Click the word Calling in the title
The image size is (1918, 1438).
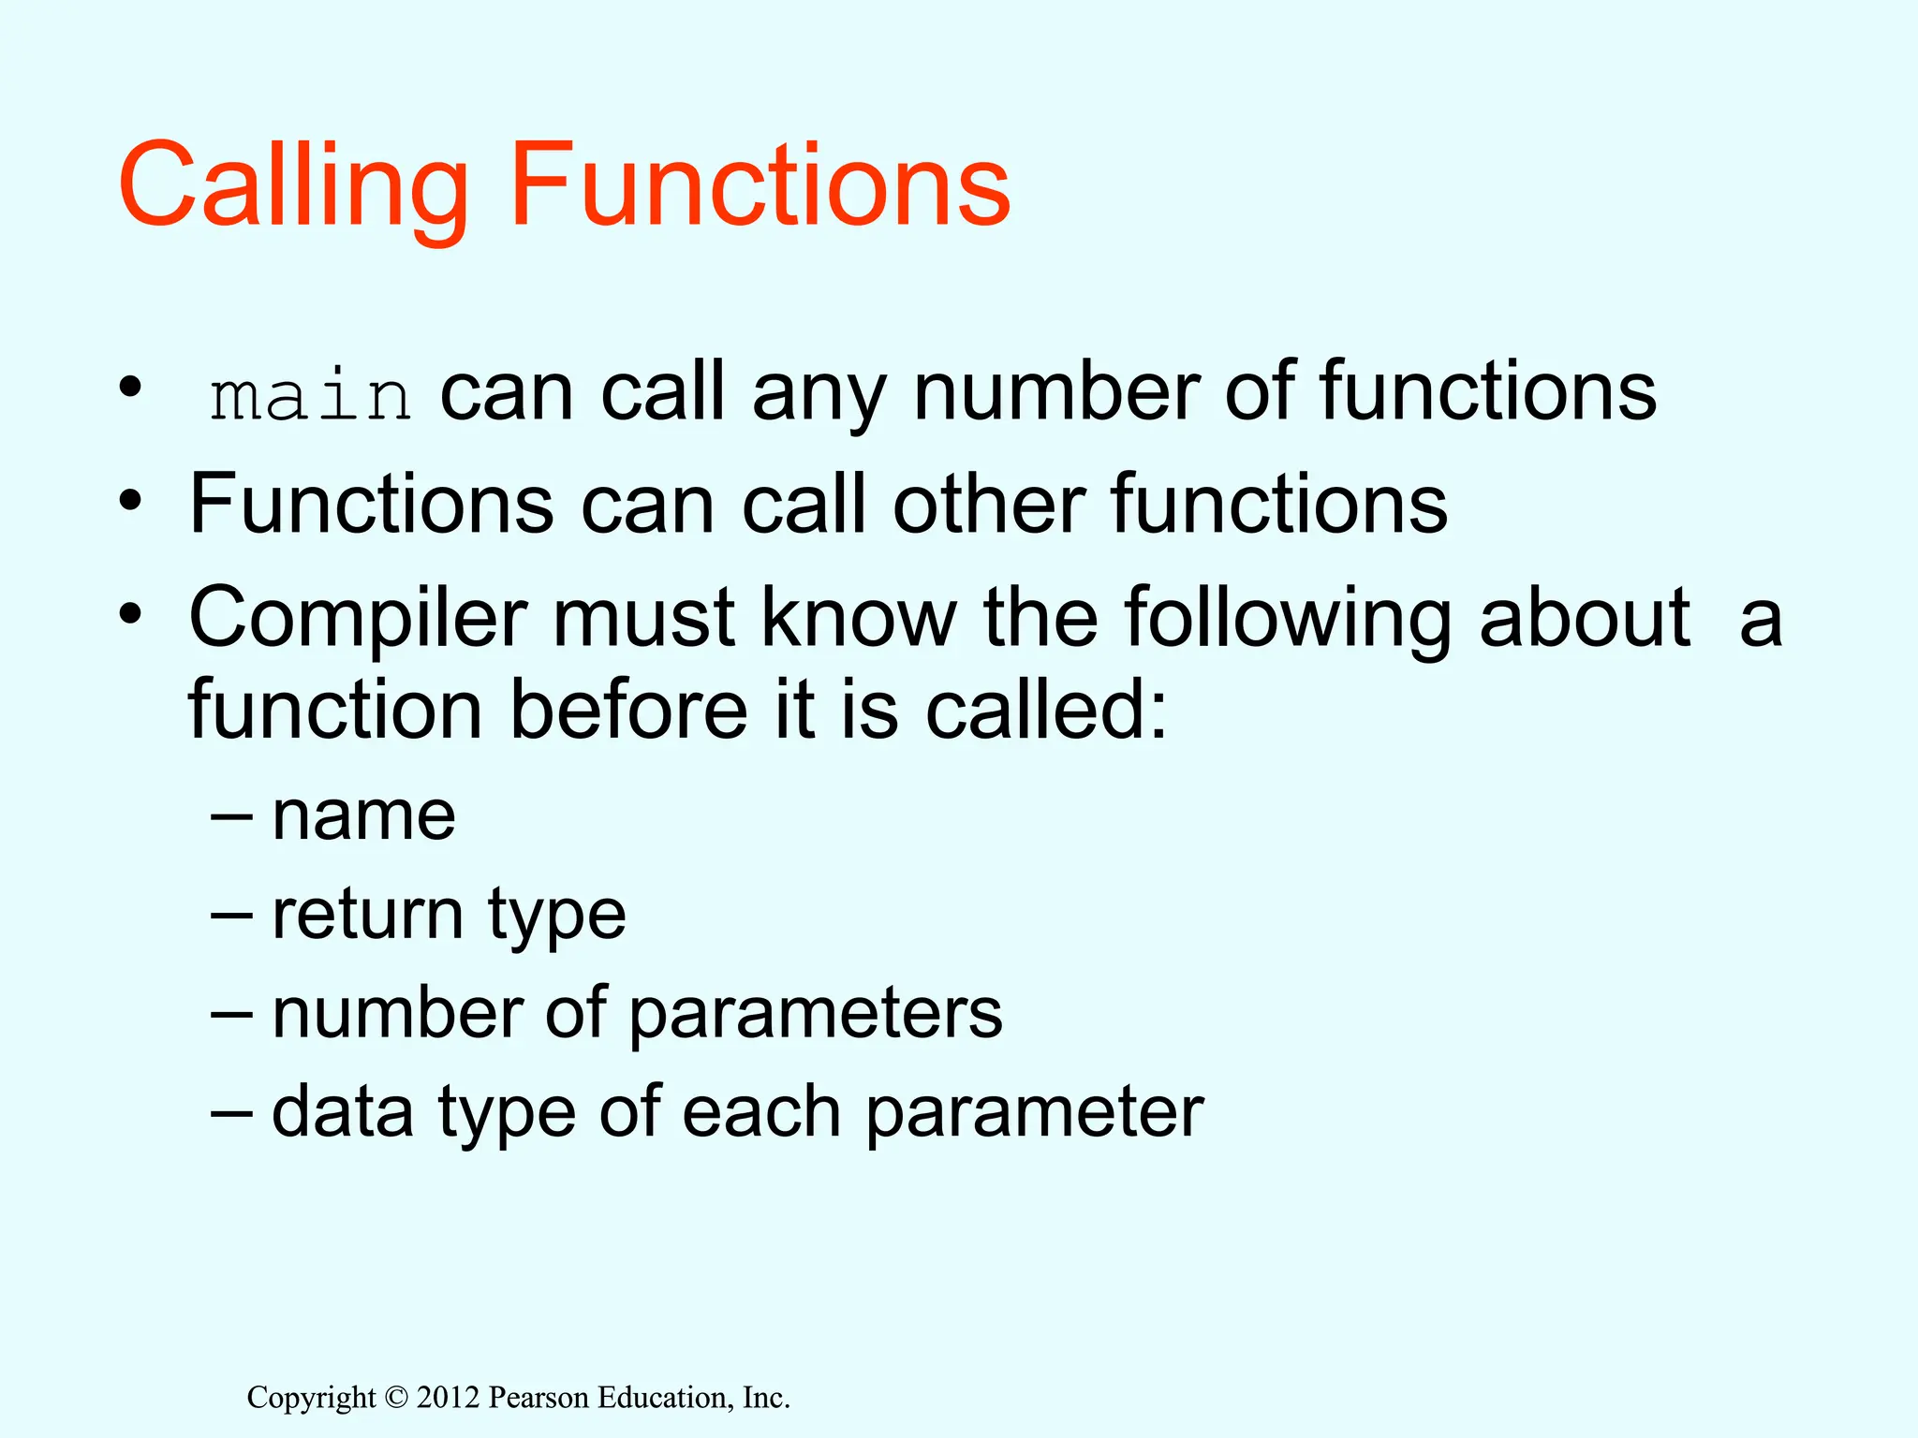[x=292, y=185]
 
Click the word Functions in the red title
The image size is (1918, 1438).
[x=760, y=185]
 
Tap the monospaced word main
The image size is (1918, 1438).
[x=310, y=396]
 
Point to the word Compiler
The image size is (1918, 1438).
[x=358, y=620]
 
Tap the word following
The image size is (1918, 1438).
[x=1288, y=620]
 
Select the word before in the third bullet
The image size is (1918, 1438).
[x=628, y=711]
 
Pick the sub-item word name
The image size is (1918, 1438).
[x=363, y=816]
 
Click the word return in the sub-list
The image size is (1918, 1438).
[x=367, y=915]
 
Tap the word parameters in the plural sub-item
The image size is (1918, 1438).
[x=815, y=1015]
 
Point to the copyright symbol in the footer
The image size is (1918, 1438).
[x=396, y=1398]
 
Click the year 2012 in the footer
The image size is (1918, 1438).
[x=448, y=1398]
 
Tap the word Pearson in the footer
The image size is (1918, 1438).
[x=539, y=1398]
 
